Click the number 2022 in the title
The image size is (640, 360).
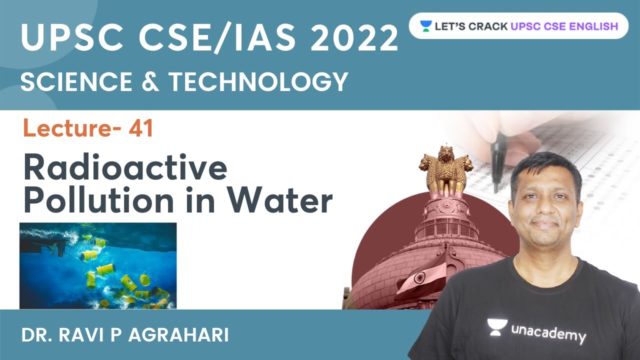click(x=354, y=38)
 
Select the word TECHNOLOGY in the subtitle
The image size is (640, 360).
click(x=258, y=81)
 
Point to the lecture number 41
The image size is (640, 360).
click(x=140, y=129)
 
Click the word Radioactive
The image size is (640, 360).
click(x=125, y=169)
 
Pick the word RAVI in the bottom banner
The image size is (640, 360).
click(x=95, y=335)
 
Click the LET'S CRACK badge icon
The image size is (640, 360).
click(x=425, y=26)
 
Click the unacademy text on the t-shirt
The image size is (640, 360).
click(x=547, y=332)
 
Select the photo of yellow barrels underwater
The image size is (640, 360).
click(x=98, y=265)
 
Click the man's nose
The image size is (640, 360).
click(x=546, y=208)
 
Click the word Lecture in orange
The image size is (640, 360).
click(x=72, y=129)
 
